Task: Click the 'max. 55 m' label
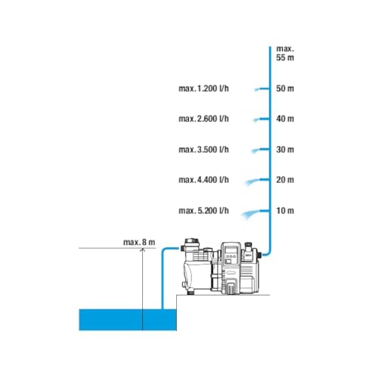tap(285, 53)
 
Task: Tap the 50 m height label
tap(285, 88)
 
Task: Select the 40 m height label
tap(285, 119)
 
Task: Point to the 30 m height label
tap(285, 150)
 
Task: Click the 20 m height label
tap(285, 180)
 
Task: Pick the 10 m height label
tap(285, 210)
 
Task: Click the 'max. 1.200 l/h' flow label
tap(203, 88)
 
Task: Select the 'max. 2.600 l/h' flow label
tap(203, 119)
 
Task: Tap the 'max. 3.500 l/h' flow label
tap(203, 150)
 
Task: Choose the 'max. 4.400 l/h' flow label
tap(203, 180)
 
